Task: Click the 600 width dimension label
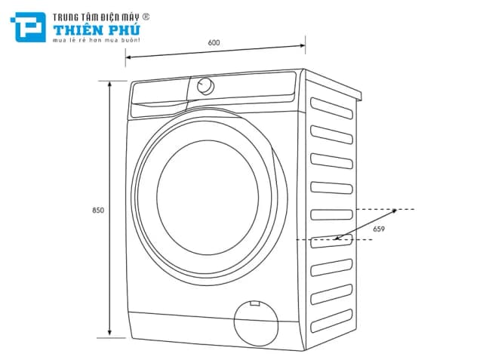tap(214, 42)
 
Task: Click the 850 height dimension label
tap(97, 209)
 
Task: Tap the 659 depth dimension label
tap(379, 229)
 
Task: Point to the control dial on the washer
tap(205, 85)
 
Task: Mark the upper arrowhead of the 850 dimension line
tap(111, 83)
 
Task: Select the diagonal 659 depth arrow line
tap(366, 225)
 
